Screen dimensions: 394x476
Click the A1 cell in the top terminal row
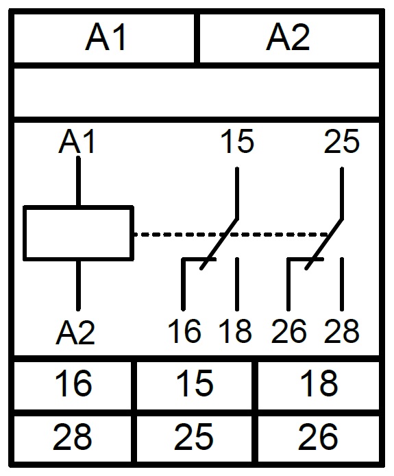[104, 38]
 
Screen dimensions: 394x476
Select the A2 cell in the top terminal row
[289, 38]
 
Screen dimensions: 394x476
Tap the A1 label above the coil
[77, 141]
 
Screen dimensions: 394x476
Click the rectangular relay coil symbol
[78, 233]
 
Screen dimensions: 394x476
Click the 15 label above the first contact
[237, 141]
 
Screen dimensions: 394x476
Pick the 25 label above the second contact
[341, 141]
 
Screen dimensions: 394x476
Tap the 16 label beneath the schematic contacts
[185, 331]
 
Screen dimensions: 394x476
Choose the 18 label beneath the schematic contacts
[235, 331]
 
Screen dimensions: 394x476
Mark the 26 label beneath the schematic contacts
[288, 331]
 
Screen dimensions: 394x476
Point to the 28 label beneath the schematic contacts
[341, 331]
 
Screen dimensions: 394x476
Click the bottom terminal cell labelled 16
[73, 385]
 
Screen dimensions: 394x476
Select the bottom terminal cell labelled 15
[195, 385]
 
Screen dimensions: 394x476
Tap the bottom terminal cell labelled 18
[319, 385]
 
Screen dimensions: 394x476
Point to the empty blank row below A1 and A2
[197, 93]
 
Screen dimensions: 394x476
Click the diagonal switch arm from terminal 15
[219, 243]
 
